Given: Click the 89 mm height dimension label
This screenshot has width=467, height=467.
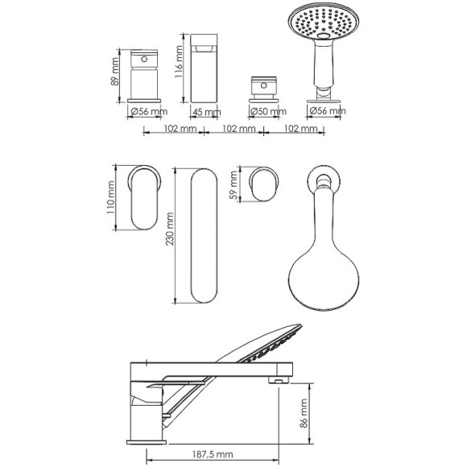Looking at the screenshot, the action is coord(115,72).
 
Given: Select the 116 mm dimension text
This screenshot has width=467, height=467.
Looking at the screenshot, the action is coord(179,61).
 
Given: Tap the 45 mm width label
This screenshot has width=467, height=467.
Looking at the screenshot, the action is coord(207,112).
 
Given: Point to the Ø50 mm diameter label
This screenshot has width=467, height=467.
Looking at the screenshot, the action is coord(268,112).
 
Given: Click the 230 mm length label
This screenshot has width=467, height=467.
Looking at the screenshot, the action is coord(169,229).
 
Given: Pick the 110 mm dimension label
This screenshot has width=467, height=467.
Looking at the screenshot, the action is coord(110,197).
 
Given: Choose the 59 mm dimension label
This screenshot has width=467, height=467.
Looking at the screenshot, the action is coord(234,185).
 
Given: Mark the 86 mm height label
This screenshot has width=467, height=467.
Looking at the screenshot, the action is coord(304,413).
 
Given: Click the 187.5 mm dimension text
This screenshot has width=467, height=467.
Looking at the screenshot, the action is coord(213,454).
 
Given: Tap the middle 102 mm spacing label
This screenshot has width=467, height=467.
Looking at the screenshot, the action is coord(239,129).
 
